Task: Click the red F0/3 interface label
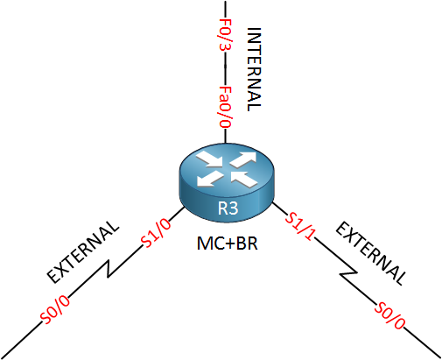225,34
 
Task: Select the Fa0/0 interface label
225,107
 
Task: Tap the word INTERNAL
254,69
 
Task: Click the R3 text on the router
228,208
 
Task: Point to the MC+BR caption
228,244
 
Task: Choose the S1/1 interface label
300,226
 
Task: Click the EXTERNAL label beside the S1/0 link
83,251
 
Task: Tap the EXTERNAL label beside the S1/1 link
371,253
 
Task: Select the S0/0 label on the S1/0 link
56,309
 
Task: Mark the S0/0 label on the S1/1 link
390,315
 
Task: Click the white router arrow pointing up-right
244,159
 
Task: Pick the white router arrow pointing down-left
210,179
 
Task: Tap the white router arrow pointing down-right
209,160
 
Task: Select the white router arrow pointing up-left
244,179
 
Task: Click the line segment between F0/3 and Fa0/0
225,68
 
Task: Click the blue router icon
227,183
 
